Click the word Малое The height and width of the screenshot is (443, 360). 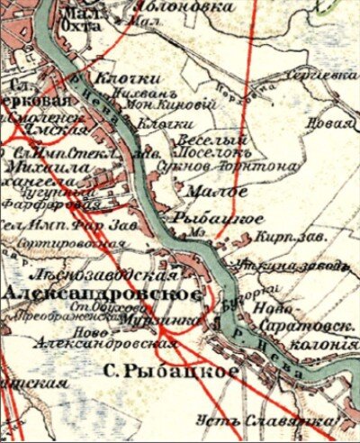205,192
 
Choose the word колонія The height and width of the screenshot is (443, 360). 319,343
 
